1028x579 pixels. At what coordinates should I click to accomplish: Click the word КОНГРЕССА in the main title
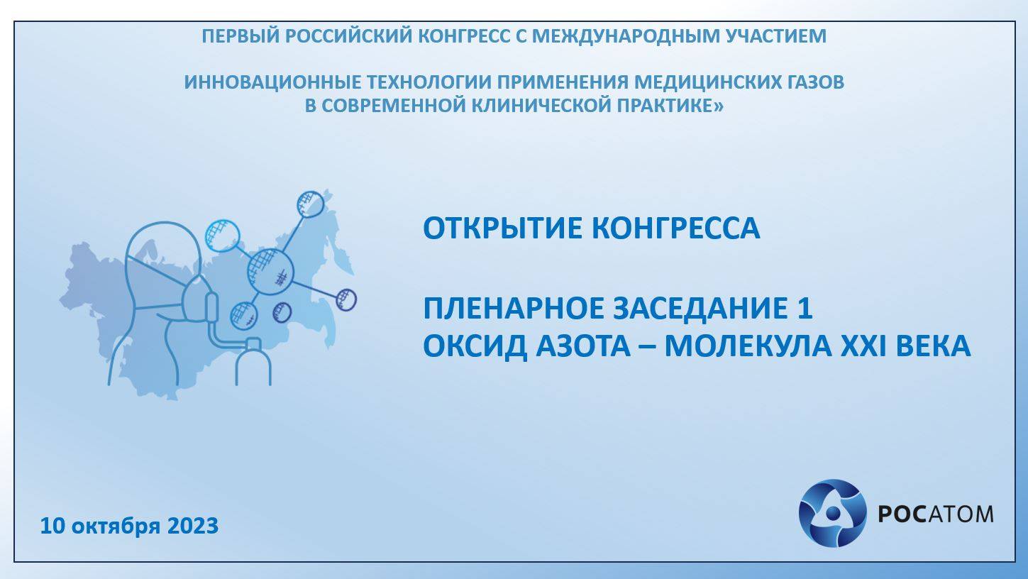[x=675, y=228]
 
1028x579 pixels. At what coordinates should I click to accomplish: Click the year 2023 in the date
[x=193, y=526]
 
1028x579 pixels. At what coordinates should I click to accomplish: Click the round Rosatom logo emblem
[x=832, y=513]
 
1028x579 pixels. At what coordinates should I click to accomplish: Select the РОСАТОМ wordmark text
[x=936, y=514]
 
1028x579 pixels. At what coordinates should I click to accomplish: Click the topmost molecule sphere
[x=310, y=204]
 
